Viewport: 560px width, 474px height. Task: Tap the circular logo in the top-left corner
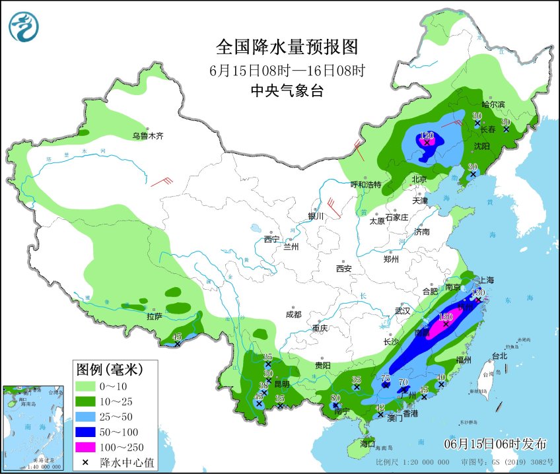[x=24, y=26]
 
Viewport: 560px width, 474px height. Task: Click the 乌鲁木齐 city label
[x=147, y=136]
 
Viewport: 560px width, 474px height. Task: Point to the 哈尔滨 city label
[x=493, y=104]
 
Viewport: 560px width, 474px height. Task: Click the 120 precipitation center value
[x=426, y=135]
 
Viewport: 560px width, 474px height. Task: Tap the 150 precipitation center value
[x=446, y=317]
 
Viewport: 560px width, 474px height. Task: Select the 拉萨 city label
[x=155, y=316]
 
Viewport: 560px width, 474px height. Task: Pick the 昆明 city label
[x=282, y=384]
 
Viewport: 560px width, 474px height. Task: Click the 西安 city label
[x=343, y=269]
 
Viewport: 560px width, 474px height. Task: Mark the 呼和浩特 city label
[x=365, y=184]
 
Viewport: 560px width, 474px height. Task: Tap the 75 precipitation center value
[x=386, y=377]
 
